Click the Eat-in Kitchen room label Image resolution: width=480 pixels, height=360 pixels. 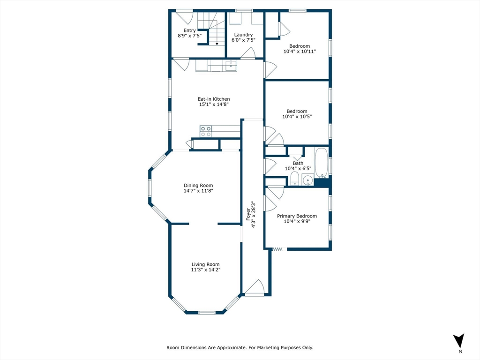[213, 99]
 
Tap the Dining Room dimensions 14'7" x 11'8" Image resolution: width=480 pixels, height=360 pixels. [198, 191]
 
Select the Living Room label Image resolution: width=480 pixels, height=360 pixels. [205, 264]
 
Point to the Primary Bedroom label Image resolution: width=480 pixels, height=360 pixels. [297, 216]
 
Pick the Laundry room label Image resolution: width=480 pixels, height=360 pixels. [243, 35]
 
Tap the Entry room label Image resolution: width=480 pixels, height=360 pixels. [189, 30]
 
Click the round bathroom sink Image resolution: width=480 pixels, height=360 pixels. [307, 180]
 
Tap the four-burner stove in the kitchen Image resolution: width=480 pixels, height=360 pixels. [206, 131]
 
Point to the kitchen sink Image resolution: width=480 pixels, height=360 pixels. [231, 66]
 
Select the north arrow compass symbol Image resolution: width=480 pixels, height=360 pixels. [459, 341]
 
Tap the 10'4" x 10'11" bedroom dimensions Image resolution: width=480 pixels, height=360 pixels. [299, 52]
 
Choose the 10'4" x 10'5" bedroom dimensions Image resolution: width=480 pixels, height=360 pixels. [297, 117]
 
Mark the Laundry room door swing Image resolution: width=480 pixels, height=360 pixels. [248, 53]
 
